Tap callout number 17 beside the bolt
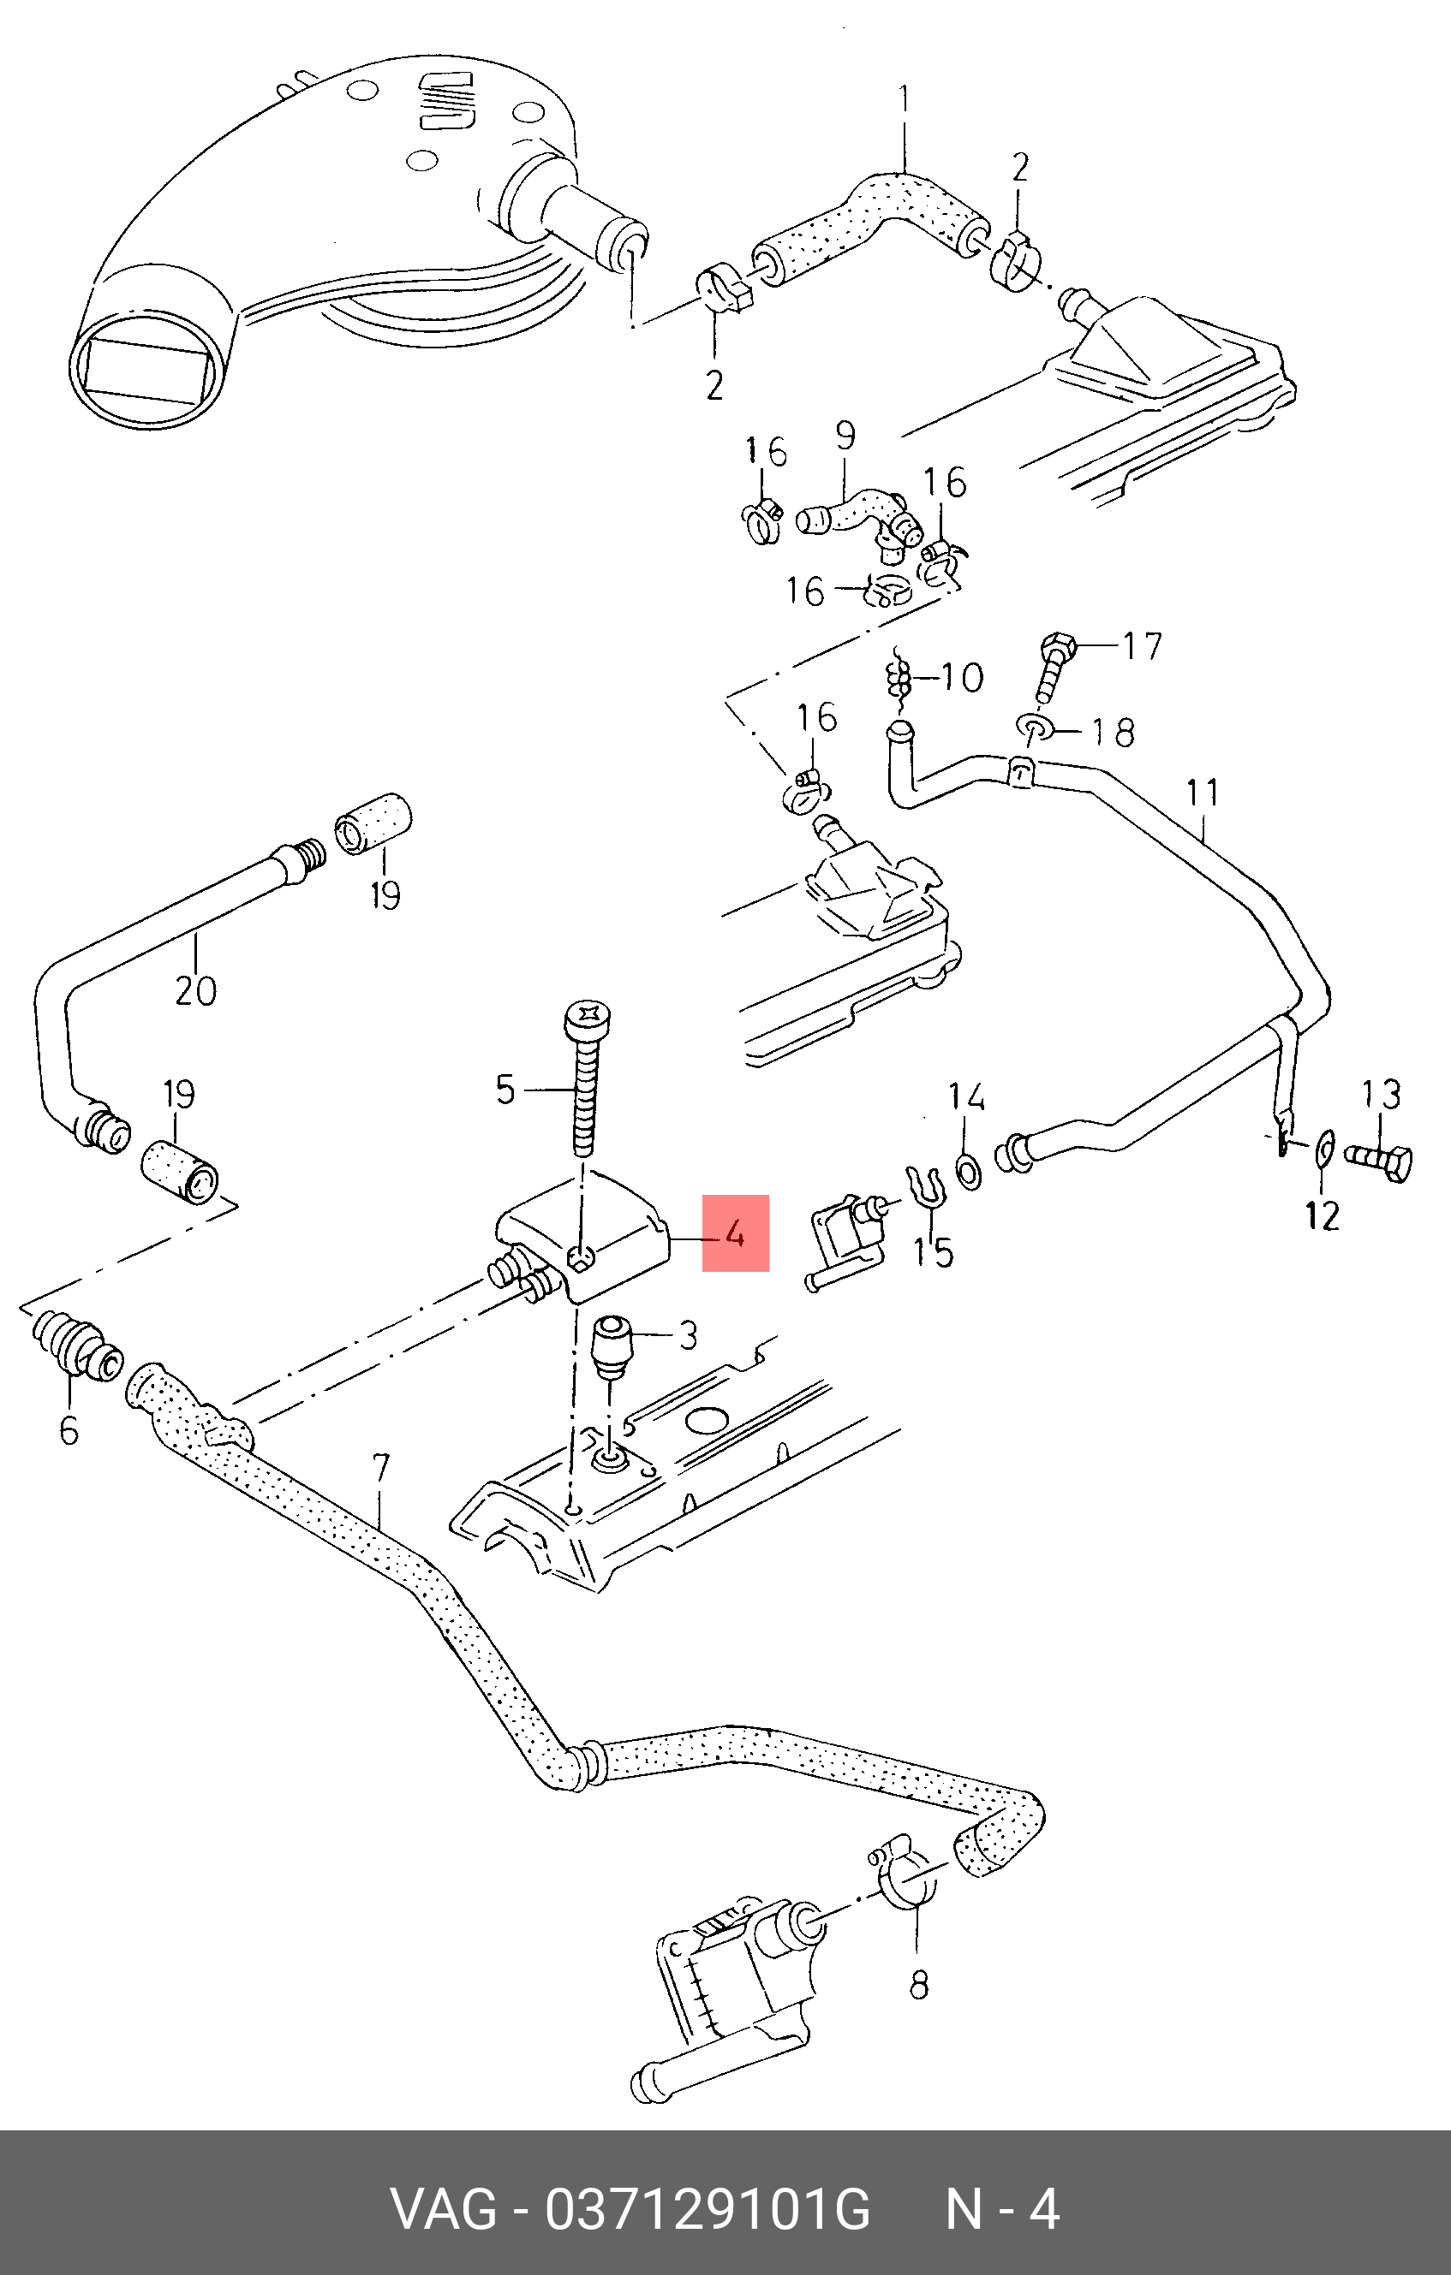tap(1141, 646)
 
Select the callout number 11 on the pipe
tap(1203, 793)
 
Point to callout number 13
tap(1381, 1095)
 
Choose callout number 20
tap(195, 991)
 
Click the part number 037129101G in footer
tap(706, 2210)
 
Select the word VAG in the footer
tap(444, 2210)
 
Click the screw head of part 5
tap(588, 1019)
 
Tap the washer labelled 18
tap(1033, 728)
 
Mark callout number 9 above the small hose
tap(845, 436)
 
